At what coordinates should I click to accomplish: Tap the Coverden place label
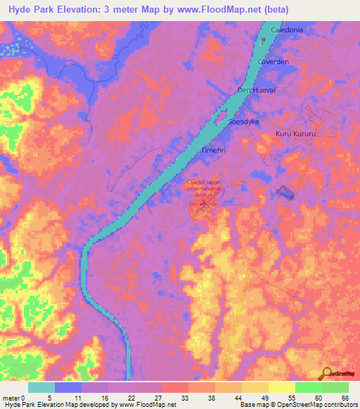274,62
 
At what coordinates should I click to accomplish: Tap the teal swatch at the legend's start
41,387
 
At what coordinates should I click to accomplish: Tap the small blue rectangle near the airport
285,192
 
